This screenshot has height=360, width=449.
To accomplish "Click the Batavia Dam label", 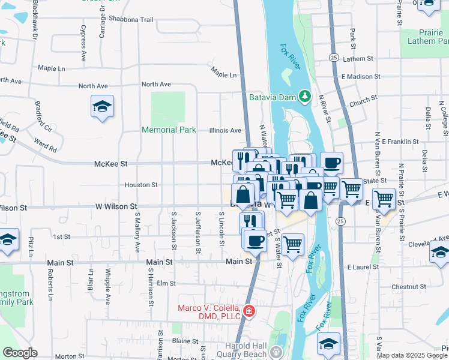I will (273, 97).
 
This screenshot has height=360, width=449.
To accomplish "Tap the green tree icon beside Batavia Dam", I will (305, 96).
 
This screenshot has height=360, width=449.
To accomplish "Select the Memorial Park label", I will (169, 130).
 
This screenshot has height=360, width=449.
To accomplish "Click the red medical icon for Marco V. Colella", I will (249, 311).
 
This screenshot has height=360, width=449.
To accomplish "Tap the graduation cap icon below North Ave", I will (103, 107).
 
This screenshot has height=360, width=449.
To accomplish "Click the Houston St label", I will (142, 185).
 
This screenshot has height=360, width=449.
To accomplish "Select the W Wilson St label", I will (103, 207).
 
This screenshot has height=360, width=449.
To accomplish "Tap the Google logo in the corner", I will (20, 353).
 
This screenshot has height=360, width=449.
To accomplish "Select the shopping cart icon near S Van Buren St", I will (384, 199).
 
